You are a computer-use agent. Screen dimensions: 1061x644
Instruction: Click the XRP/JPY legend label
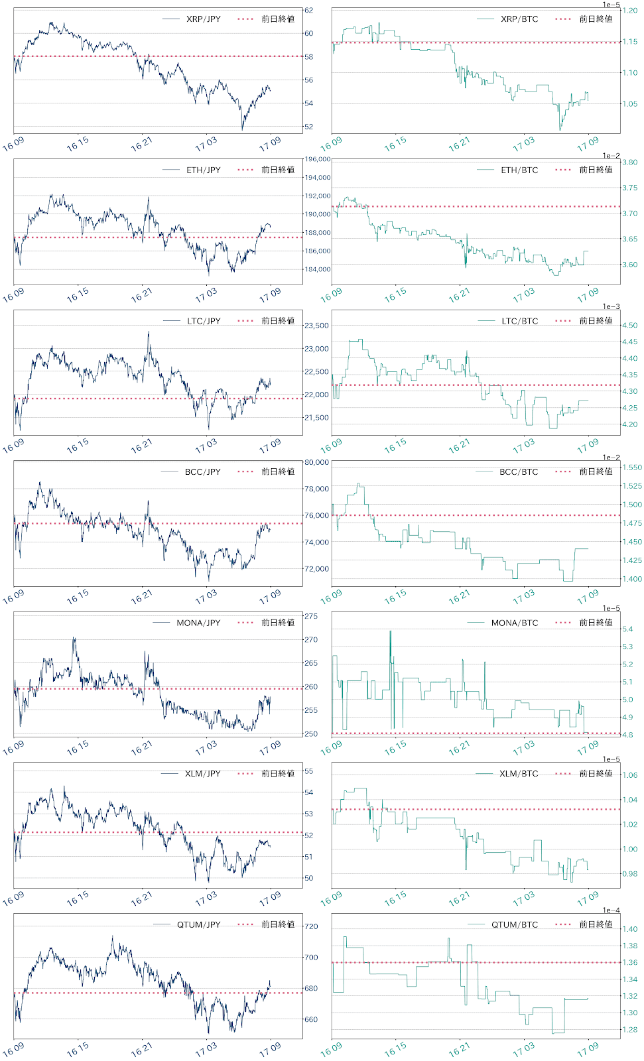pyautogui.click(x=203, y=19)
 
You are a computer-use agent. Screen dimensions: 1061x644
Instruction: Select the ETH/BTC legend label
pyautogui.click(x=519, y=170)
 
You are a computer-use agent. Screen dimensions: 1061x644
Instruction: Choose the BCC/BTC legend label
pyautogui.click(x=519, y=472)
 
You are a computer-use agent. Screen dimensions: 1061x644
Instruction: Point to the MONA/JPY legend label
pyautogui.click(x=198, y=623)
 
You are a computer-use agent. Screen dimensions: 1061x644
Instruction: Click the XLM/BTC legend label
pyautogui.click(x=519, y=774)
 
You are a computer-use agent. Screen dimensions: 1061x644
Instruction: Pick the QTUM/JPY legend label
pyautogui.click(x=198, y=924)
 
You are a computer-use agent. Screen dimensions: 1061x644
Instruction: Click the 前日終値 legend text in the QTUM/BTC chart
pyautogui.click(x=596, y=924)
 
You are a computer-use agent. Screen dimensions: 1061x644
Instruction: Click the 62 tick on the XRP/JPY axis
pyautogui.click(x=308, y=11)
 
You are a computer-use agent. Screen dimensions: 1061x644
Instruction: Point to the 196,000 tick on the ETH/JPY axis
pyautogui.click(x=317, y=159)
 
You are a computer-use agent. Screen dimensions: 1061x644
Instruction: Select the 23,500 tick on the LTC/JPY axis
pyautogui.click(x=316, y=326)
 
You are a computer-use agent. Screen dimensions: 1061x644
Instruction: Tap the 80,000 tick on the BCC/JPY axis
pyautogui.click(x=316, y=463)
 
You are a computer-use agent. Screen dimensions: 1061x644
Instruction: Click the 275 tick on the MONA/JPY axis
pyautogui.click(x=310, y=616)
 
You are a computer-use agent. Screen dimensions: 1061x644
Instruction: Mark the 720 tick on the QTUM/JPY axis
pyautogui.click(x=310, y=926)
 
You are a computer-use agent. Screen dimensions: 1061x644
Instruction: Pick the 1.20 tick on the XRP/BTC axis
pyautogui.click(x=629, y=11)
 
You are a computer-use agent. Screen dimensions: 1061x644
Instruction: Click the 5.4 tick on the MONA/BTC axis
pyautogui.click(x=627, y=629)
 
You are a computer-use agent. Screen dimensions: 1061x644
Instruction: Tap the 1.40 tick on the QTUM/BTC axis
pyautogui.click(x=629, y=929)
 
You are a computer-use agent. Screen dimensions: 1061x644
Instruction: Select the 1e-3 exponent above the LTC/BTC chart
pyautogui.click(x=611, y=306)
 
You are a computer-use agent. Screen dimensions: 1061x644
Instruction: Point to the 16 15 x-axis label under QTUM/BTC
pyautogui.click(x=395, y=1050)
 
